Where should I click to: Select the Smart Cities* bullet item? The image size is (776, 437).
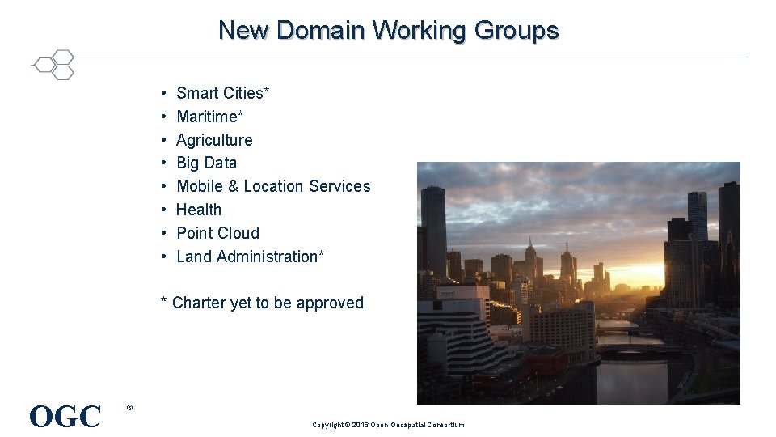tap(222, 93)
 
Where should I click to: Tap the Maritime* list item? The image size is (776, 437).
tap(209, 117)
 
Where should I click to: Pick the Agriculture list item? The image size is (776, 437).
tap(214, 140)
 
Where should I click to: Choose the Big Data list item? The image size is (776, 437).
tap(206, 163)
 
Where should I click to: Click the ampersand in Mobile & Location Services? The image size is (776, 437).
tap(234, 186)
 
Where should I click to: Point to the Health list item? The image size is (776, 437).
tap(198, 210)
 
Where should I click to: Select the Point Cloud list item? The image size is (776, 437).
tap(217, 233)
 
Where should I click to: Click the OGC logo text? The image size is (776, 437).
tap(65, 417)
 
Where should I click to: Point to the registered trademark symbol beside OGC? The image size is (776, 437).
tap(129, 407)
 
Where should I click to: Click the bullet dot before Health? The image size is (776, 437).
tap(163, 210)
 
